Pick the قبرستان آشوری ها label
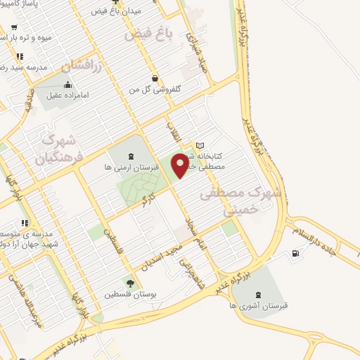click(257, 305)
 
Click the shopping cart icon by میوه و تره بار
click(20, 56)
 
